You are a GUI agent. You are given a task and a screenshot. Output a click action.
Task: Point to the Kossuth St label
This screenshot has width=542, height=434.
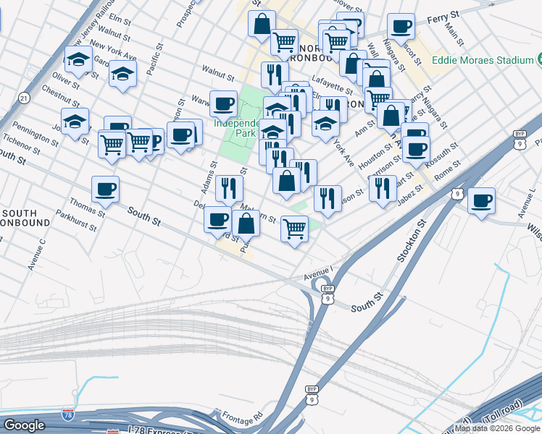coord(443,153)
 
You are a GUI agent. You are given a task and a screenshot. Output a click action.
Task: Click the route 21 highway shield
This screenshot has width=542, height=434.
coord(25,97)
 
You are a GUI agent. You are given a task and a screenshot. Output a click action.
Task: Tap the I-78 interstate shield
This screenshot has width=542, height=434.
coord(112,432)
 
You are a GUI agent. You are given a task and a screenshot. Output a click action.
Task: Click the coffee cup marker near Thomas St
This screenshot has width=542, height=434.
coord(105,190)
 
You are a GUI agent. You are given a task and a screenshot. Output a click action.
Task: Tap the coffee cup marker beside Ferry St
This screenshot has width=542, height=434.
coord(400,27)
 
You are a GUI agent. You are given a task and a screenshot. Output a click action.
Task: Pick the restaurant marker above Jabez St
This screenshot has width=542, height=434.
coord(383,188)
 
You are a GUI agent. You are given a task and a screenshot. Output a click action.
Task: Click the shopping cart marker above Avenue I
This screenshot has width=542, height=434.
coord(294,229)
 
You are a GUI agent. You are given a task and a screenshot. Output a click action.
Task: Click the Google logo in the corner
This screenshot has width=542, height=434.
coord(24,425)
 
